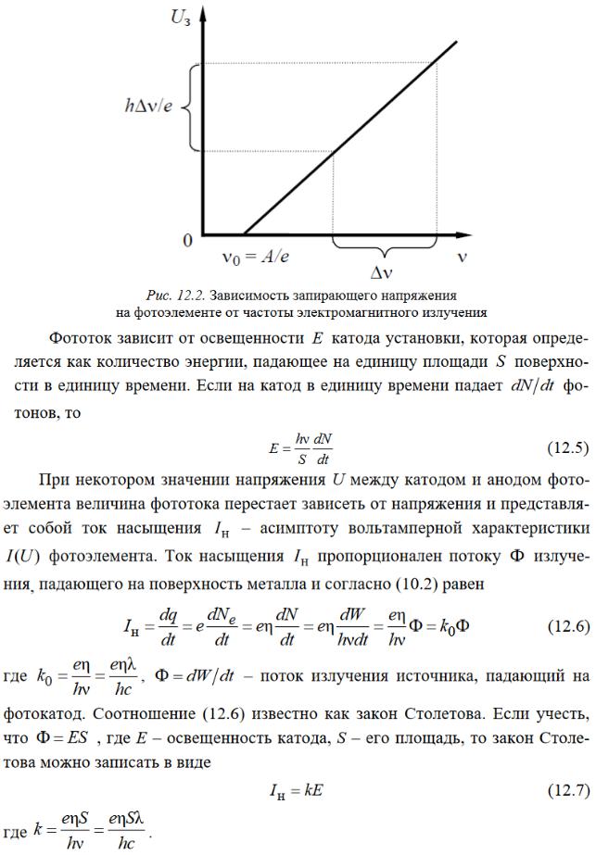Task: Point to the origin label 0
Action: pos(188,241)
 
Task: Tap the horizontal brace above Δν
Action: pos(384,248)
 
